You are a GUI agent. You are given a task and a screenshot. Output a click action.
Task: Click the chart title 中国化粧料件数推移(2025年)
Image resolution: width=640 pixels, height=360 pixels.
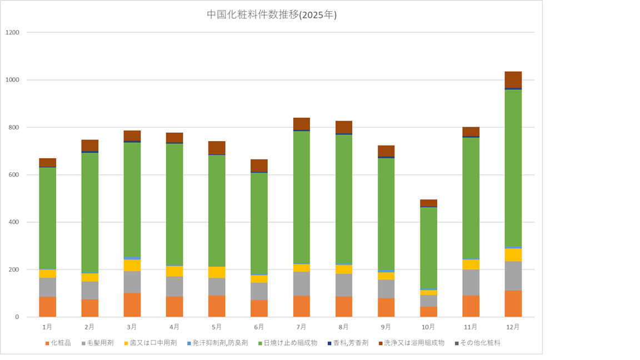(x=272, y=15)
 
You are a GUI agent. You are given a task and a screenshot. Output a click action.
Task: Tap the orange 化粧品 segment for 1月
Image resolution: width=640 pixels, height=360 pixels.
(x=47, y=307)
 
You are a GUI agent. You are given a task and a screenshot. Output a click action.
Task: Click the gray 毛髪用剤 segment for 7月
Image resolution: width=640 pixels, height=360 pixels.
(x=301, y=283)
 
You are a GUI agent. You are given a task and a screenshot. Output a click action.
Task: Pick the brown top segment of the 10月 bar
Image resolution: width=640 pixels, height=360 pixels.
(x=428, y=203)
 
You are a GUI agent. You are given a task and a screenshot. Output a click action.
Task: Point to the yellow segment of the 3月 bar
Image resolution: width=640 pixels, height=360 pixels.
(x=132, y=266)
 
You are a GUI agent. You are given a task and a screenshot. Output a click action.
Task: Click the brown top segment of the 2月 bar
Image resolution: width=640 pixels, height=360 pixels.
(x=90, y=145)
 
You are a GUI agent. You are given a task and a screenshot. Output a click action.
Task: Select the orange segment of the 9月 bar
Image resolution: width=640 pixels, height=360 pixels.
(x=386, y=307)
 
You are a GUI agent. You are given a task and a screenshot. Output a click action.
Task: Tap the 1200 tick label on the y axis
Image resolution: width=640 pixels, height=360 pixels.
(x=12, y=33)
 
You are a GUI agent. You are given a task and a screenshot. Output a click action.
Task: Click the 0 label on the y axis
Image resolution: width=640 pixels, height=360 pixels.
(x=17, y=317)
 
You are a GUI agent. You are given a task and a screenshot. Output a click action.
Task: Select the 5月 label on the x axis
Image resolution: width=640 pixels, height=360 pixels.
(x=217, y=327)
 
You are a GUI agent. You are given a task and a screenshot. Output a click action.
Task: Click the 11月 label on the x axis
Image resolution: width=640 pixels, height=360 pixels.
(x=471, y=327)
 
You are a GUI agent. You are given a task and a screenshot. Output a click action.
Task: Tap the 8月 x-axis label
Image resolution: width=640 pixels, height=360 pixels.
(x=343, y=327)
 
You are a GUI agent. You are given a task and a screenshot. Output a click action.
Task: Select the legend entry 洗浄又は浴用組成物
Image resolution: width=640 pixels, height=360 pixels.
(x=414, y=343)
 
